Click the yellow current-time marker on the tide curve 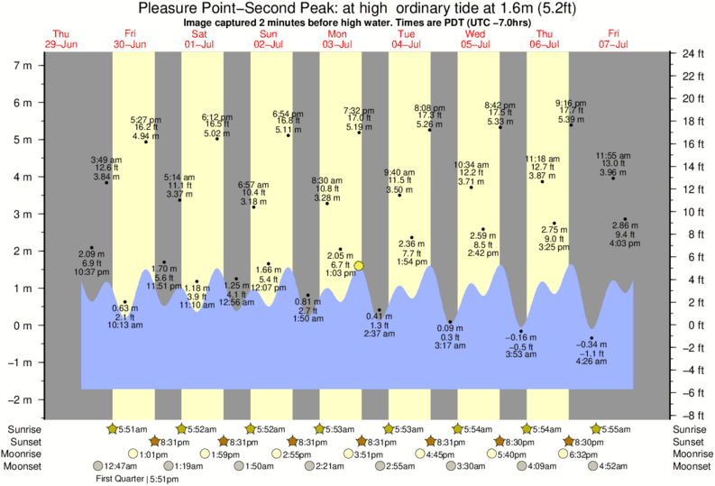coord(359,265)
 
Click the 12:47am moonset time coord(119,465)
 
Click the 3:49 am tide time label coord(106,160)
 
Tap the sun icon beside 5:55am coord(595,429)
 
